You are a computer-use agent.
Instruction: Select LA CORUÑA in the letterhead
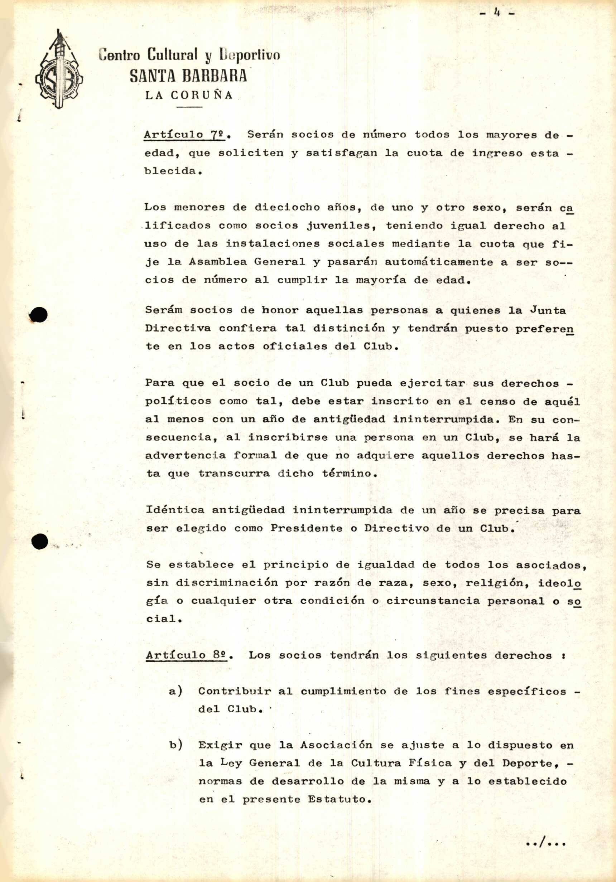[x=189, y=95]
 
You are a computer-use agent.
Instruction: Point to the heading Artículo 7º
[x=185, y=135]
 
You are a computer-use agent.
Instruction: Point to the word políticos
[x=178, y=401]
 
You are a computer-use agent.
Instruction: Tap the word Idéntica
[x=175, y=510]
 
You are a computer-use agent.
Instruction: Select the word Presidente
[x=306, y=528]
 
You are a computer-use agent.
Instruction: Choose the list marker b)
[x=175, y=745]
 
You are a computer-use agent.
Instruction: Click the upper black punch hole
[x=39, y=315]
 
